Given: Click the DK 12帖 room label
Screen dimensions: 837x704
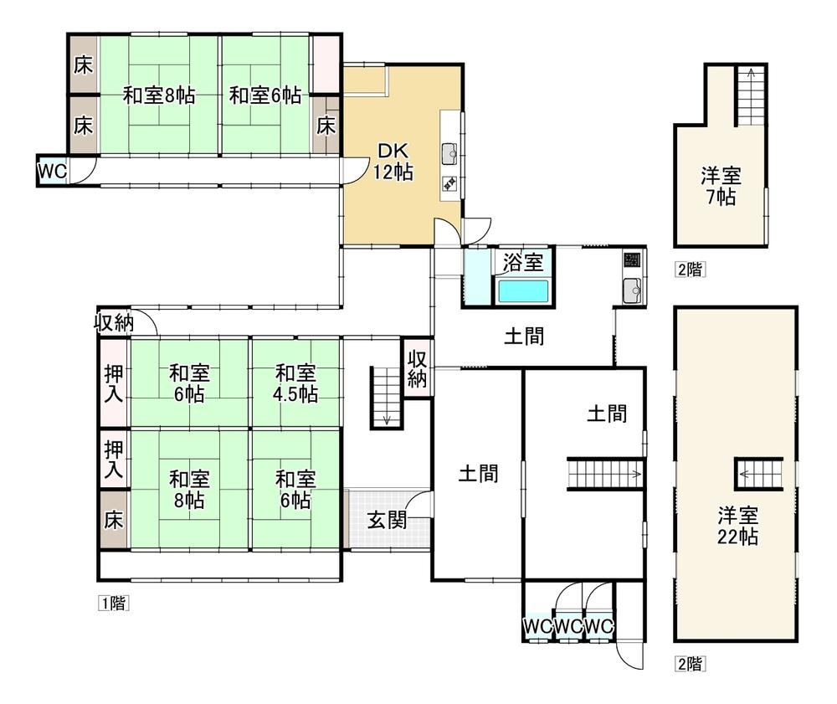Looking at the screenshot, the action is click(x=393, y=162).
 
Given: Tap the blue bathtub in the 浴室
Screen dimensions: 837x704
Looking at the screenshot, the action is click(x=523, y=291).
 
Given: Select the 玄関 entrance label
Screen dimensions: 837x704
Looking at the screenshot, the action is click(x=387, y=520).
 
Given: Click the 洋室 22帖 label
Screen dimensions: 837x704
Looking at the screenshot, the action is click(x=737, y=526).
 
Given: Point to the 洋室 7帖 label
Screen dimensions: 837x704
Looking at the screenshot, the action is click(x=721, y=187).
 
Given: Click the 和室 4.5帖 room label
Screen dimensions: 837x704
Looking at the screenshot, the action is click(x=295, y=383).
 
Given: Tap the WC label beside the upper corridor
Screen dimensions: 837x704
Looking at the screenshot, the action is click(x=52, y=172).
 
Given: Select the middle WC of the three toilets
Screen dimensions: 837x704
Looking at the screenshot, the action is click(x=568, y=625).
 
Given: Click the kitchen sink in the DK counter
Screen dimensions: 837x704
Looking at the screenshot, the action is click(x=449, y=154).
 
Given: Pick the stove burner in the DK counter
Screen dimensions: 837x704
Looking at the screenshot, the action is click(x=449, y=183).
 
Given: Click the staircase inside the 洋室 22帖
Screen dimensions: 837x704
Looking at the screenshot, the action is click(x=759, y=474).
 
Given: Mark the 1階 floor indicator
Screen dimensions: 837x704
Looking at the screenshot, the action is click(x=113, y=603).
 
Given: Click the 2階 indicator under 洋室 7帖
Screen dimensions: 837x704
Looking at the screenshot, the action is click(x=690, y=270).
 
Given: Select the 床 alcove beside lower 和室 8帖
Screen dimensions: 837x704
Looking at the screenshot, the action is click(x=114, y=519).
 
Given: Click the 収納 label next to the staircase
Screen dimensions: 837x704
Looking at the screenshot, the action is click(x=417, y=367).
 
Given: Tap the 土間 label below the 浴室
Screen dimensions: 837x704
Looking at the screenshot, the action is click(x=524, y=337).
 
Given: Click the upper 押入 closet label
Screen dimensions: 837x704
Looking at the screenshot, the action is click(x=114, y=383).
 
